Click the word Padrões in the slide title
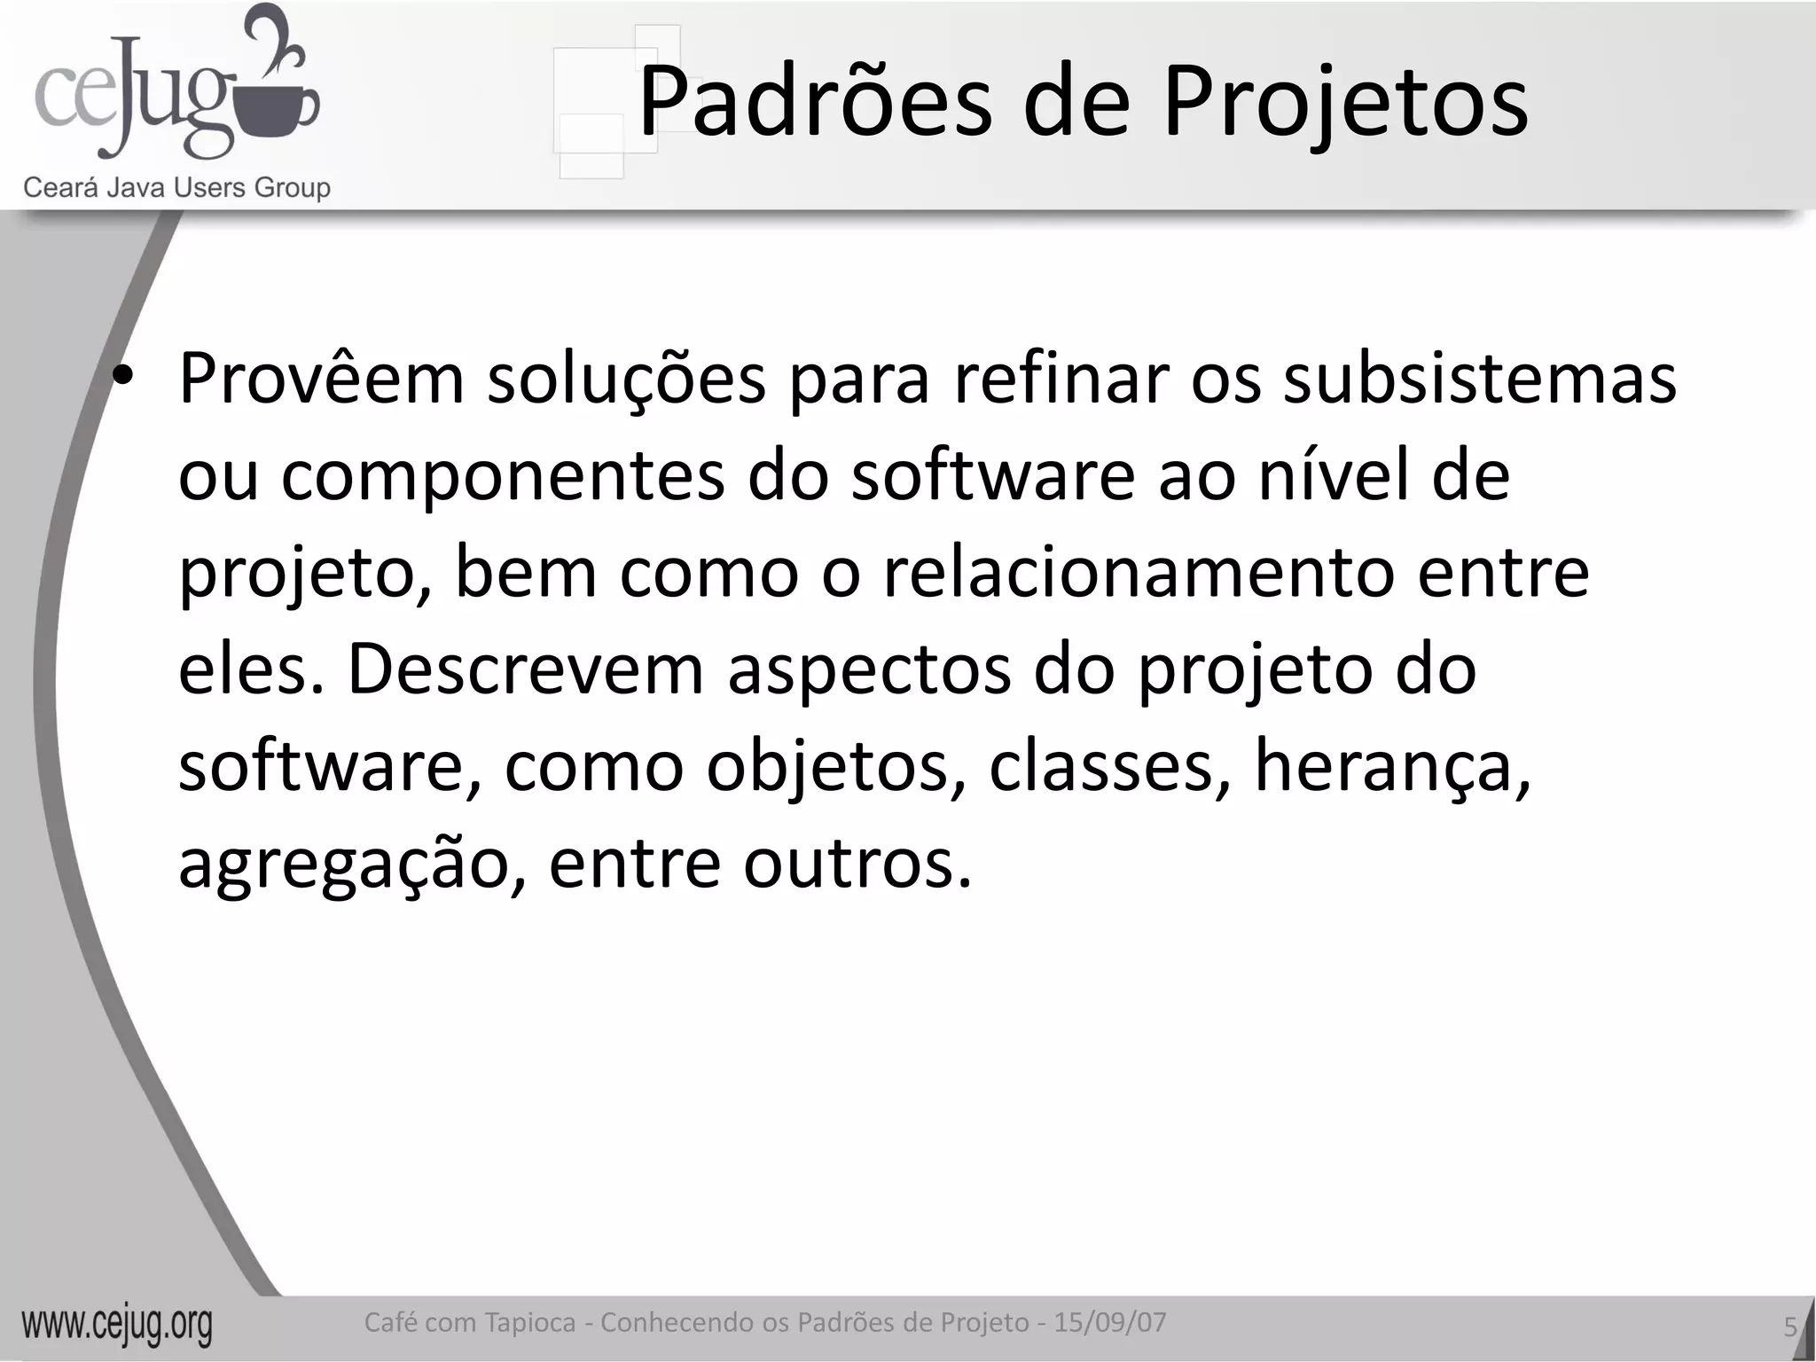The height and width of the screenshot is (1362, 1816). coord(815,102)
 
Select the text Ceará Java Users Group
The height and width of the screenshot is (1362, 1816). coord(176,188)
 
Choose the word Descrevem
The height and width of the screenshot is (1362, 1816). coord(526,669)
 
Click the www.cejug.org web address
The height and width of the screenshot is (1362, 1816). coord(117,1325)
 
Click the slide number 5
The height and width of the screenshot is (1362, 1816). coord(1789,1327)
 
